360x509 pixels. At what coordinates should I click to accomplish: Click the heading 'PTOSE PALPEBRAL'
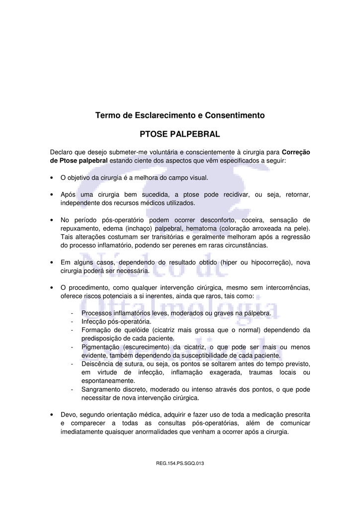pyautogui.click(x=180, y=134)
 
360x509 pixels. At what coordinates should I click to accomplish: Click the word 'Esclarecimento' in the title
pyautogui.click(x=162, y=115)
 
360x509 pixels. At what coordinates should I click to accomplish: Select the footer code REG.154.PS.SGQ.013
pyautogui.click(x=180, y=464)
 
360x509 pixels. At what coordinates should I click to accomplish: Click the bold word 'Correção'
pyautogui.click(x=296, y=152)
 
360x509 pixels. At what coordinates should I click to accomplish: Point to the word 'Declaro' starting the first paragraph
pyautogui.click(x=61, y=152)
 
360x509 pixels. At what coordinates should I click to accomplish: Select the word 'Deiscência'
pyautogui.click(x=97, y=364)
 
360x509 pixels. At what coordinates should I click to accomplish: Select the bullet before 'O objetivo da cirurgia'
pyautogui.click(x=52, y=177)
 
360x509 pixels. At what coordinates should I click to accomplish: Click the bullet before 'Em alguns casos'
pyautogui.click(x=52, y=262)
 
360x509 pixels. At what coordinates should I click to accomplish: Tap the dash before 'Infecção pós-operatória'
pyautogui.click(x=73, y=322)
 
